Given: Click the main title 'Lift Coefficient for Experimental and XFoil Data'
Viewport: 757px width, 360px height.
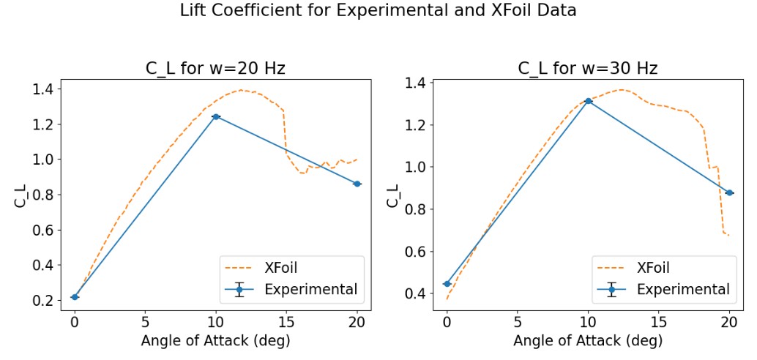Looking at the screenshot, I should coord(378,12).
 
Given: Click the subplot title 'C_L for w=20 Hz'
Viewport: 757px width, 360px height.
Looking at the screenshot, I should coord(215,69).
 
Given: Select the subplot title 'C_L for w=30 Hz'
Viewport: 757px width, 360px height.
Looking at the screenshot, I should coord(588,69).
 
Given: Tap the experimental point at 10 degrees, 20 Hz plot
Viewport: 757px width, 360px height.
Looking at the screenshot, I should coord(216,116).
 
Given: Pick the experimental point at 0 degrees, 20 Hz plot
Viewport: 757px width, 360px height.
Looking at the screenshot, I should coord(75,296).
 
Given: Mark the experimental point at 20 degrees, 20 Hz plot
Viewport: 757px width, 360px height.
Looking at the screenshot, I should coord(357,184).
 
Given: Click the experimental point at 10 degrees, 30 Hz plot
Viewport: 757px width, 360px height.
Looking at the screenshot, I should coord(588,101).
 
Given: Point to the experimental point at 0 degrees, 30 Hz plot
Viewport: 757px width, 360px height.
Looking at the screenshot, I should coord(447,284).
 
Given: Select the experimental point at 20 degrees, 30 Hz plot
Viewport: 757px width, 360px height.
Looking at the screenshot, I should coord(729,192).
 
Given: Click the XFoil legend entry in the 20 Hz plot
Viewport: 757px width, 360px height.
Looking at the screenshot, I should coord(286,267).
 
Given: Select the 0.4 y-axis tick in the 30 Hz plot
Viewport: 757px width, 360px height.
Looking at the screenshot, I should coord(420,294).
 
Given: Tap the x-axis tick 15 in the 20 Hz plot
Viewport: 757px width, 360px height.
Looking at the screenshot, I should coord(287,320).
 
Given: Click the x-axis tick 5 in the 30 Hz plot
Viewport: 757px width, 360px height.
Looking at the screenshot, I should coord(517,320).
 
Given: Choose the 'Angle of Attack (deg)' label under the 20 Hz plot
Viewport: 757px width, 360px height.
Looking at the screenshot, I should coord(215,340).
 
